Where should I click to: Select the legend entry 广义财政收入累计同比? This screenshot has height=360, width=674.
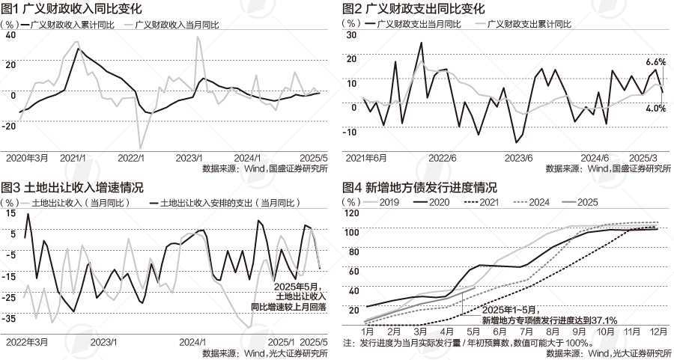68,25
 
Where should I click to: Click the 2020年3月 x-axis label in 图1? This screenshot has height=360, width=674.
27,158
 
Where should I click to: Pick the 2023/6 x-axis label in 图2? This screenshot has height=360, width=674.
518,158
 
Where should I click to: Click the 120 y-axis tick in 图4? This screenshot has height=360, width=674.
350,214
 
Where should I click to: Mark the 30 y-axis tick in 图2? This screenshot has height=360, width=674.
351,35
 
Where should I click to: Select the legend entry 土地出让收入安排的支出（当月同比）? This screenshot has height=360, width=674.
229,202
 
